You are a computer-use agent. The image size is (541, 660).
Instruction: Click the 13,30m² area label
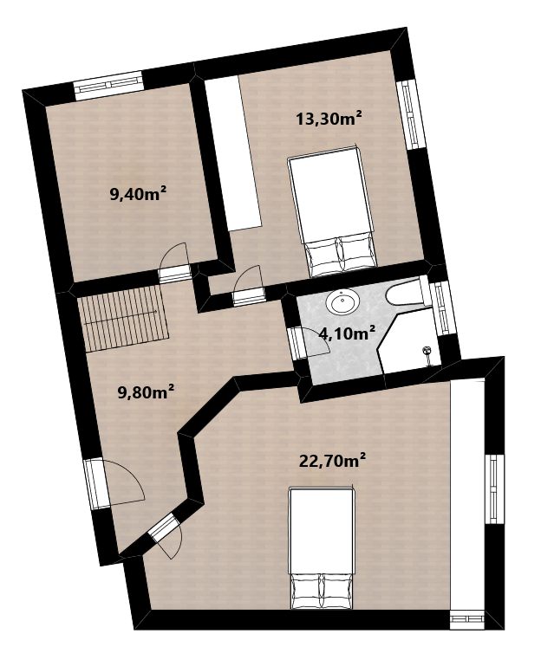[329, 119]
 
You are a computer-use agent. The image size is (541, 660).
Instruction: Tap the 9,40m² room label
[138, 194]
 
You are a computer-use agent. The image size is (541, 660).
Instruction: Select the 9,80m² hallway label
[146, 392]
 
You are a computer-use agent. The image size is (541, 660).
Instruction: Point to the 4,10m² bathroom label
[347, 333]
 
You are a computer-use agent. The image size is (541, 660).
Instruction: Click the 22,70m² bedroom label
[332, 461]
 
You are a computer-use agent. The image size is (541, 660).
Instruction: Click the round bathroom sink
[342, 301]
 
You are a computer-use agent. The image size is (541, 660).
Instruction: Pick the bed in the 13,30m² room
[332, 211]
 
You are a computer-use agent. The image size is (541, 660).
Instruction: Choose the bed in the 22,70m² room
[322, 548]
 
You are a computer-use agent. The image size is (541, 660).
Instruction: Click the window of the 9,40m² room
[108, 86]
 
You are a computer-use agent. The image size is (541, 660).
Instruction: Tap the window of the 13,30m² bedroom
[410, 114]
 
